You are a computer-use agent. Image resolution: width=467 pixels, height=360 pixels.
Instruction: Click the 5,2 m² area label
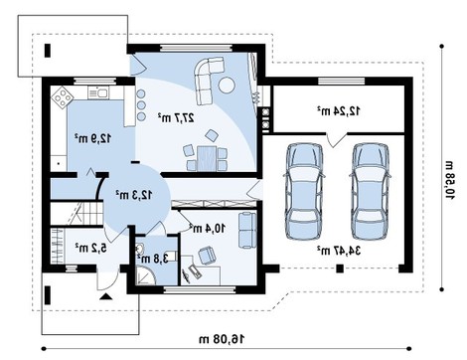[90, 248]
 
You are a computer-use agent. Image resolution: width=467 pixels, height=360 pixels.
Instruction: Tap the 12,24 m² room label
[338, 110]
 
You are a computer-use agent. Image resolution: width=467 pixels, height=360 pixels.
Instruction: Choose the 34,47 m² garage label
[338, 250]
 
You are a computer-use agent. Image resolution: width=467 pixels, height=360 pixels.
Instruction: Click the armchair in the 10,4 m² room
[207, 255]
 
